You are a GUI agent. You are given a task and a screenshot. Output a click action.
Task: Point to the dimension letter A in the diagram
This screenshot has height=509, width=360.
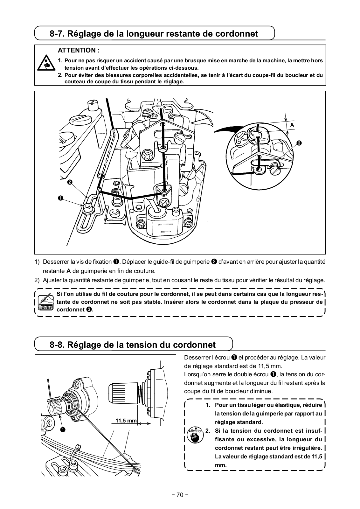(292, 125)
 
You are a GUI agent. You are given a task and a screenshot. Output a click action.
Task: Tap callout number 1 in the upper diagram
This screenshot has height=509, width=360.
(60, 198)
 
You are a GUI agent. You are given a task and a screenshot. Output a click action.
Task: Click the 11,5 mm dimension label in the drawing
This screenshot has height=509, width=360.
(126, 421)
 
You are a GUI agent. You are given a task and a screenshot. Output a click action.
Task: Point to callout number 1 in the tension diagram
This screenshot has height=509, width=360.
(63, 430)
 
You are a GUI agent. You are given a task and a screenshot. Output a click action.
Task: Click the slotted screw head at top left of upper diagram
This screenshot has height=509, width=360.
(80, 120)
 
